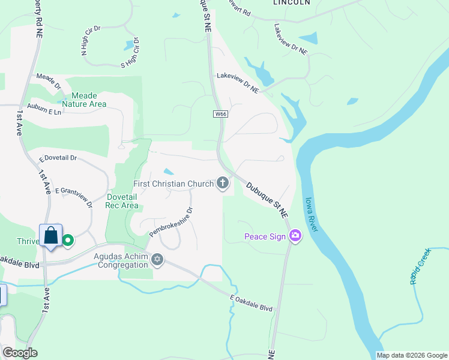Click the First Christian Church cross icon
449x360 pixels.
click(x=223, y=183)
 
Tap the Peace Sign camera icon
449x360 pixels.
click(x=295, y=236)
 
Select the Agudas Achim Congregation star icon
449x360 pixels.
click(x=157, y=260)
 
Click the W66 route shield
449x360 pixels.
click(x=220, y=114)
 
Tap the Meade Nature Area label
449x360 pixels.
click(x=89, y=100)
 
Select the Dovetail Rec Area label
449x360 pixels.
click(x=122, y=201)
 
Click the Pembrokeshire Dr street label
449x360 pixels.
click(x=171, y=221)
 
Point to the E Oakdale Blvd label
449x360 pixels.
click(x=252, y=304)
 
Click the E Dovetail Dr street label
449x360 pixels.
click(x=58, y=158)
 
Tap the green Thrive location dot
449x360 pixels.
click(x=68, y=241)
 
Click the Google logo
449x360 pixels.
click(x=20, y=353)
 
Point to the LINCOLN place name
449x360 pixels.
click(x=292, y=2)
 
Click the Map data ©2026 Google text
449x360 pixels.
click(x=412, y=355)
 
